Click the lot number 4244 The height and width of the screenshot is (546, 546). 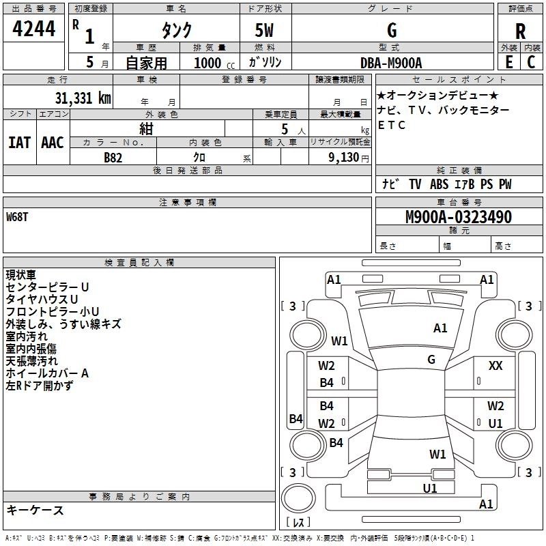[x=33, y=29]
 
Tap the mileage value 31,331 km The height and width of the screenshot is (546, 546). [x=83, y=98]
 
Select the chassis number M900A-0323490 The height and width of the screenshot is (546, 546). [x=459, y=217]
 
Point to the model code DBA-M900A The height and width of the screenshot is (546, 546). [x=391, y=63]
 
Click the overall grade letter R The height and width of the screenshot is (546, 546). [x=521, y=31]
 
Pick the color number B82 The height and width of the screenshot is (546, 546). [x=113, y=158]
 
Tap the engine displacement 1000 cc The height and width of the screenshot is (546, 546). [x=214, y=63]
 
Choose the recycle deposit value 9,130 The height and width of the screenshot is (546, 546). [x=344, y=157]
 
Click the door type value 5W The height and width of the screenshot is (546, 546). [x=264, y=30]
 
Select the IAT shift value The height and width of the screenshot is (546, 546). [x=19, y=143]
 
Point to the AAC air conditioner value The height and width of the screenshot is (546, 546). [x=53, y=143]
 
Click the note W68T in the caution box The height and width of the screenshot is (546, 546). [x=17, y=217]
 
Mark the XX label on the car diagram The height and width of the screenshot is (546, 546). [x=495, y=366]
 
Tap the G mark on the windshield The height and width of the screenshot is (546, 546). [x=431, y=360]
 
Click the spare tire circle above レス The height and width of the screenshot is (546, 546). [x=298, y=498]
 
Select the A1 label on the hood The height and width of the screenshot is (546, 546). [x=440, y=328]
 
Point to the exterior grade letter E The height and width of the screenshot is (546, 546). [x=509, y=62]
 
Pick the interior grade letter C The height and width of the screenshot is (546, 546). [x=531, y=62]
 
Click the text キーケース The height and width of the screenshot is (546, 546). [x=35, y=510]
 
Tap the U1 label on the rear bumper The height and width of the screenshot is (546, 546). [x=430, y=489]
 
